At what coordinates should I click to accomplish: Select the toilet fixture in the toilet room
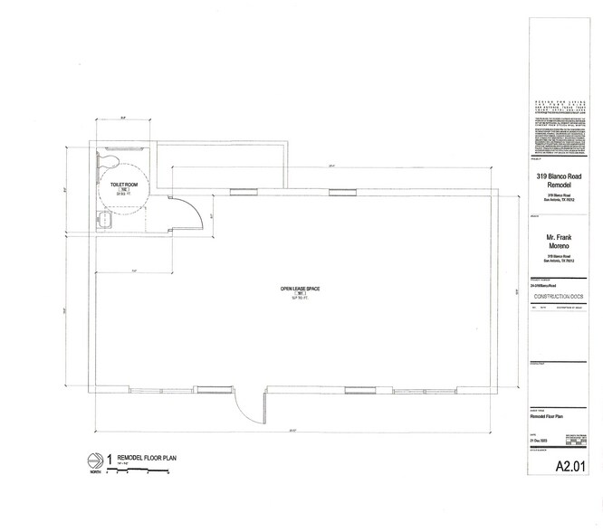(109, 161)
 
